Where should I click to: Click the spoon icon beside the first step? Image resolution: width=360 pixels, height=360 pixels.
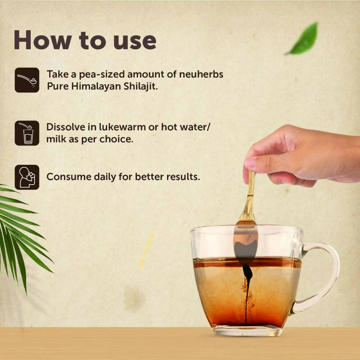coord(27,80)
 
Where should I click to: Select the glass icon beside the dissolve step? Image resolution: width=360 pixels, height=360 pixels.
coord(27,133)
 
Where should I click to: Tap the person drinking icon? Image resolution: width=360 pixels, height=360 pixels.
coord(27,177)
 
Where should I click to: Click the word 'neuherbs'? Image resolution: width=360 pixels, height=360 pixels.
coord(201,74)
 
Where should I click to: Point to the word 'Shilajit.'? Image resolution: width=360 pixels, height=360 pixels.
coord(141,86)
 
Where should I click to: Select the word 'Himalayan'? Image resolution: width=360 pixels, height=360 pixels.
coord(96,86)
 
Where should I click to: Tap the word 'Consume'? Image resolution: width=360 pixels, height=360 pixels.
coord(69,177)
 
